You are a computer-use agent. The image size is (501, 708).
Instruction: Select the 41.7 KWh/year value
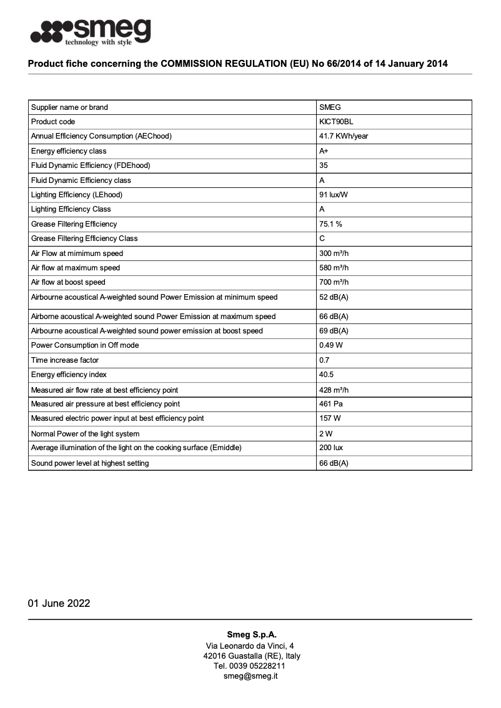click(344, 136)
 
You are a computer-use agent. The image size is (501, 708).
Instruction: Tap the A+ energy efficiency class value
click(324, 151)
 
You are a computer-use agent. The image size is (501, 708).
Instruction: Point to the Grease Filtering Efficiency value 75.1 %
click(330, 224)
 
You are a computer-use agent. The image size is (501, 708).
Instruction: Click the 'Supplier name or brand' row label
click(69, 107)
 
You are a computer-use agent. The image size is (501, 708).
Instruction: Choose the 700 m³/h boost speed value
click(334, 282)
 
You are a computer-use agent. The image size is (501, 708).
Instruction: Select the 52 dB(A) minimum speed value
click(334, 297)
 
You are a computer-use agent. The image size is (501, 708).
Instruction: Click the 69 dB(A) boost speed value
click(334, 331)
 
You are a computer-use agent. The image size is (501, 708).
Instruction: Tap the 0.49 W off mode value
click(330, 345)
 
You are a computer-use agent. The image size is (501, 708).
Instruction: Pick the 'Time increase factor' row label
click(65, 360)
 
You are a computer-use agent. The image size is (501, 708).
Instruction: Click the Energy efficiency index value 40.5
click(327, 375)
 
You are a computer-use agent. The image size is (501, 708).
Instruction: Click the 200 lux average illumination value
click(330, 448)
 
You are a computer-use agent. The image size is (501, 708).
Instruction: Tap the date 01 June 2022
click(59, 603)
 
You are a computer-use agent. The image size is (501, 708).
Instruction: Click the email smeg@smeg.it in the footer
click(250, 676)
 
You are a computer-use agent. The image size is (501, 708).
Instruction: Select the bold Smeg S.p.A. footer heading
click(250, 634)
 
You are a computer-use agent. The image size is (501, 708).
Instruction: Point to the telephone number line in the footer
click(250, 666)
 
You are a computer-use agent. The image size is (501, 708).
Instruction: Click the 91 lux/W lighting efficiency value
click(334, 195)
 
